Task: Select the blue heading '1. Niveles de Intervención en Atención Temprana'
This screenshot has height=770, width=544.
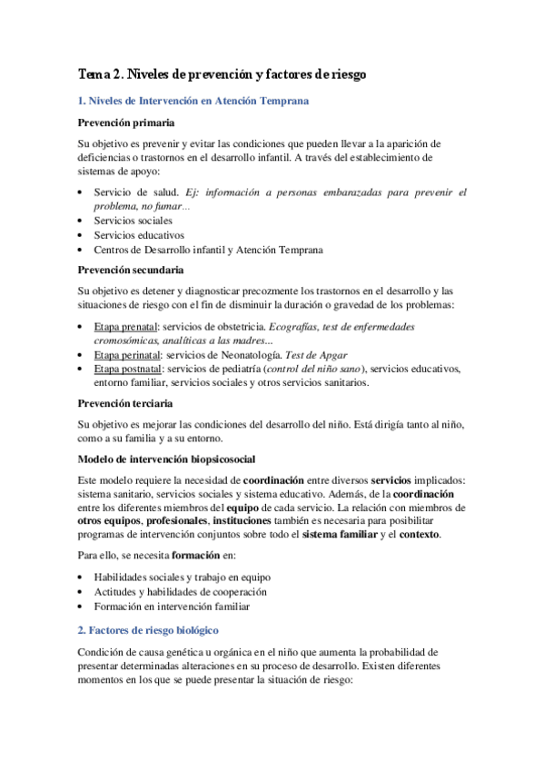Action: click(x=193, y=102)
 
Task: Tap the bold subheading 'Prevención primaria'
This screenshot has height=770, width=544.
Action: click(x=126, y=123)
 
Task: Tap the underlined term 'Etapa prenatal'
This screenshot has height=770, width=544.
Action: click(x=125, y=326)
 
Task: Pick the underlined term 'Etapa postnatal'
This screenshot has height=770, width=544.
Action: click(x=128, y=370)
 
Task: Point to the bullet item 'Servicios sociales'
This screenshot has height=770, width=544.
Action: click(x=134, y=221)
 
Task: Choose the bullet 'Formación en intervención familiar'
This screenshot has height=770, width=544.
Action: click(x=172, y=607)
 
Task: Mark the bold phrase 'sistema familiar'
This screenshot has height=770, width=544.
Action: click(x=344, y=534)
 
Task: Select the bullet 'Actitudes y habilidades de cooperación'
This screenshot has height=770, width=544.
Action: click(x=183, y=592)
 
